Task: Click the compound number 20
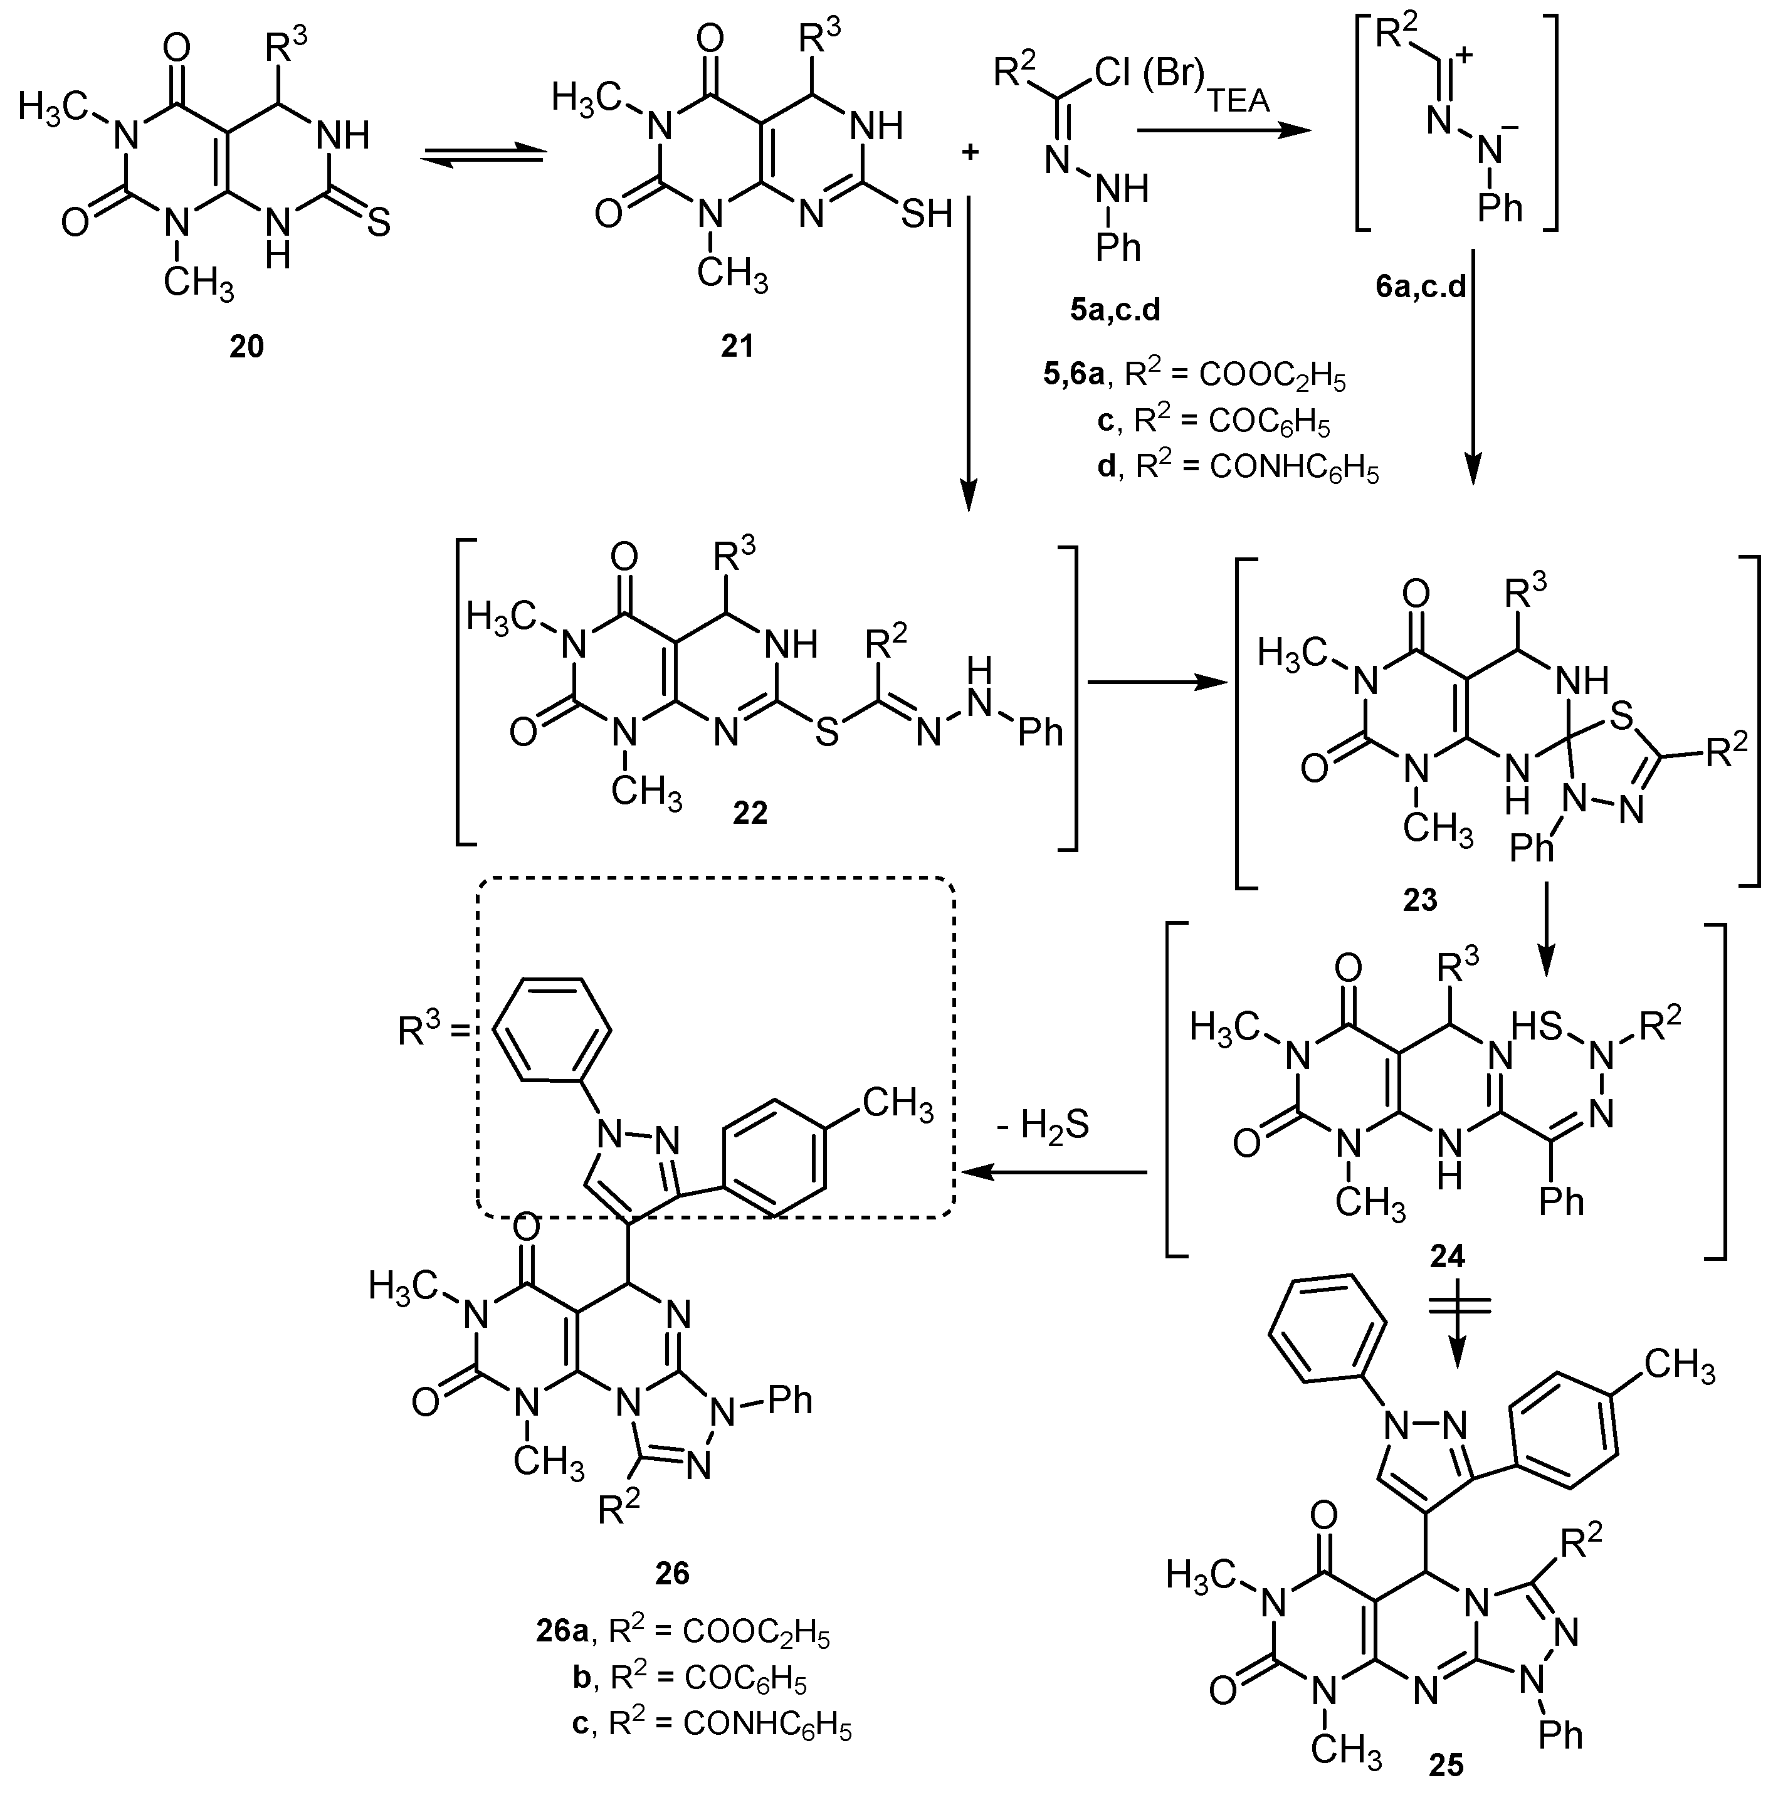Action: click(x=246, y=345)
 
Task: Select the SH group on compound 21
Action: click(x=926, y=214)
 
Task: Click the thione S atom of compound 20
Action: click(x=378, y=223)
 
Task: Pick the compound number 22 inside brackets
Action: click(x=750, y=812)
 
